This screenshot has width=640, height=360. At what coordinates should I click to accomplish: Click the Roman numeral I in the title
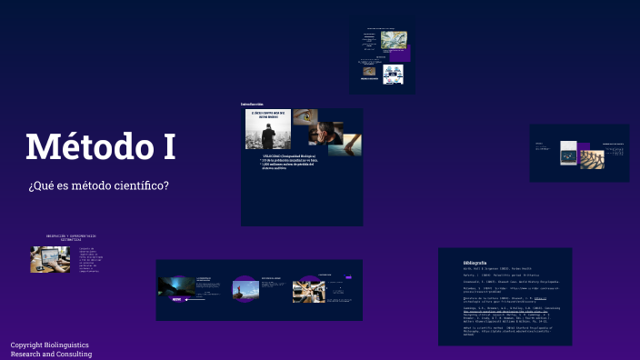pyautogui.click(x=166, y=147)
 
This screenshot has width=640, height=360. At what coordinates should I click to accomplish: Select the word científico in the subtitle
pyautogui.click(x=139, y=186)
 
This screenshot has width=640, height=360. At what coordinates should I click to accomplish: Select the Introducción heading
pyautogui.click(x=252, y=104)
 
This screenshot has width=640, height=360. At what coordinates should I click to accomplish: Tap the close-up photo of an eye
pyautogui.click(x=305, y=117)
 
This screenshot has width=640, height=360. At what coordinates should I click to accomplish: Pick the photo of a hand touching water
pyautogui.click(x=351, y=143)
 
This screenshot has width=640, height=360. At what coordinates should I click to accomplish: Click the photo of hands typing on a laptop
pyautogui.click(x=44, y=259)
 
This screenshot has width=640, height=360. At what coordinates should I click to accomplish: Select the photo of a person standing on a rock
pyautogui.click(x=245, y=289)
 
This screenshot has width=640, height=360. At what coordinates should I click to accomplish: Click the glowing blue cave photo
pyautogui.click(x=175, y=285)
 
